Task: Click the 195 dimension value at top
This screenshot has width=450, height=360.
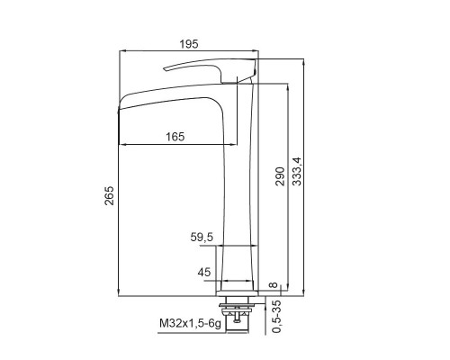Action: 189,44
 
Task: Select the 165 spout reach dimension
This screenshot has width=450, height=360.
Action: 175,137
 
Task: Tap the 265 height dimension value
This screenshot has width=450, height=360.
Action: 109,195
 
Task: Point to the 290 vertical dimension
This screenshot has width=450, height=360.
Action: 279,176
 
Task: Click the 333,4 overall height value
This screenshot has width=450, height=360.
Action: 297,172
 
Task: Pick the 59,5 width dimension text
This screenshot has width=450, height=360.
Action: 202,238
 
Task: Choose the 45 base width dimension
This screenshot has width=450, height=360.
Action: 204,273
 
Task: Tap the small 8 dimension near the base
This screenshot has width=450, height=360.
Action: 274,284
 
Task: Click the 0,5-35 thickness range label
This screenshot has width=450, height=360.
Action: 276,317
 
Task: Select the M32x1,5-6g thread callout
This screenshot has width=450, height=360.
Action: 190,323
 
